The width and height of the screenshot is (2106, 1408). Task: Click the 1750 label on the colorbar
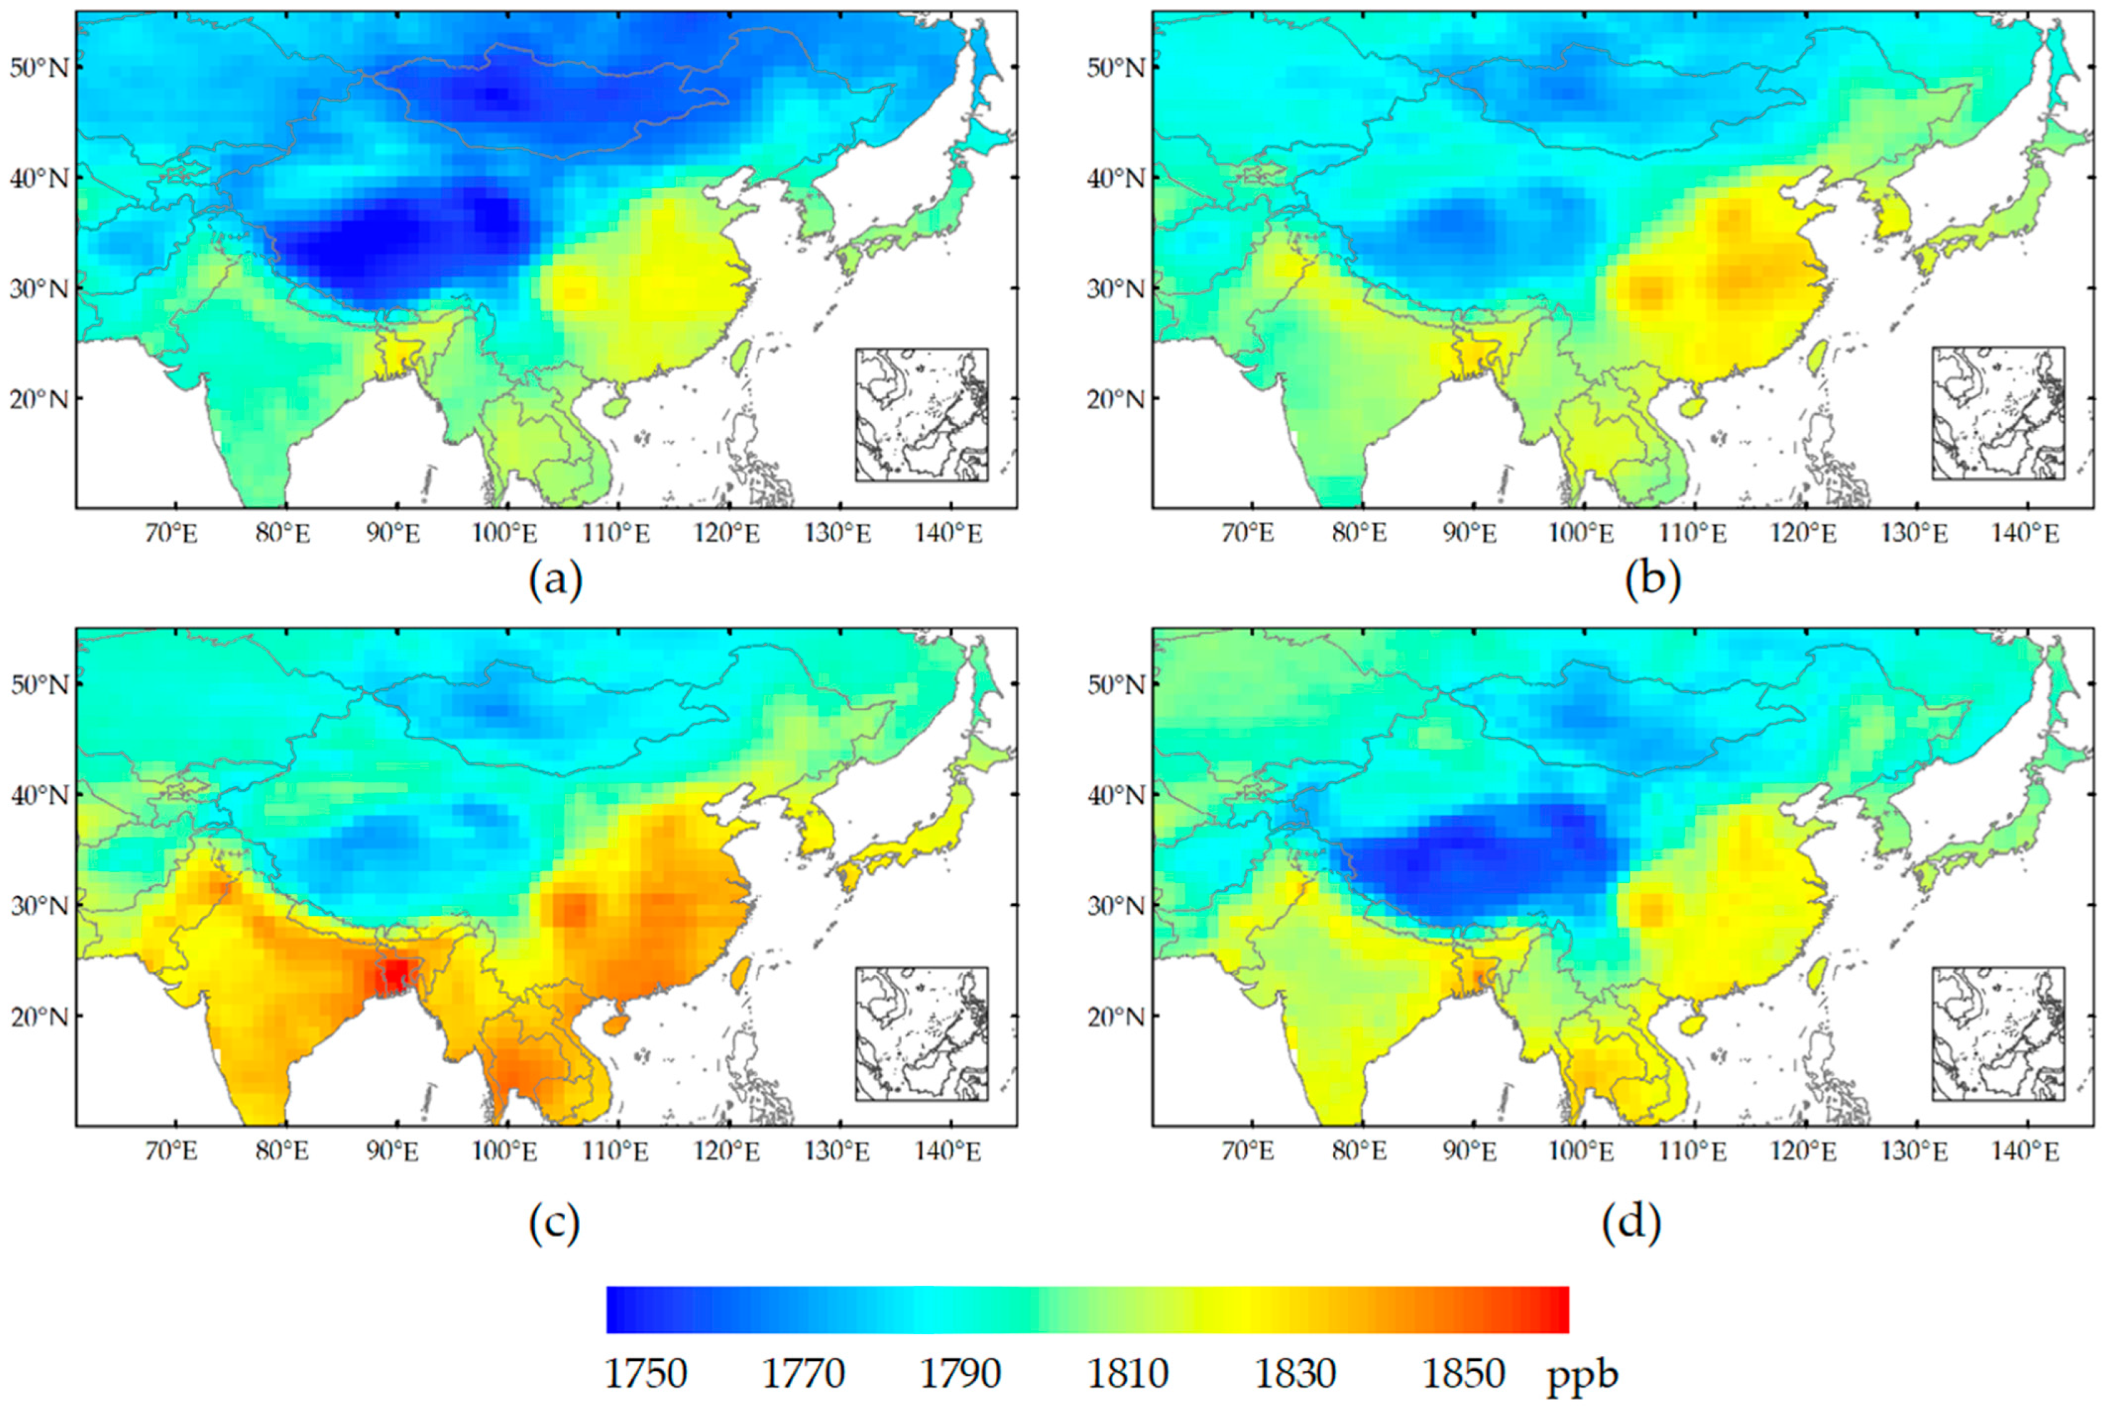[645, 1374]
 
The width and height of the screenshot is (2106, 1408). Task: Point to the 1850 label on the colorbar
[1464, 1374]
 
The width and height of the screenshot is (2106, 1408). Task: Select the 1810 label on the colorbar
[1128, 1374]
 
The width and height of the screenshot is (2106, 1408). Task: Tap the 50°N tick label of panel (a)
[38, 67]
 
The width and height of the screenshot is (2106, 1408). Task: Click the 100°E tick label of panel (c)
[505, 1151]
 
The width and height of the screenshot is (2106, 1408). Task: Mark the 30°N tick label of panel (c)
[38, 905]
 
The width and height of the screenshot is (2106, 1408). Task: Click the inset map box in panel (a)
[922, 415]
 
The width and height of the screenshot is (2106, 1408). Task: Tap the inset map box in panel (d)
[1998, 1033]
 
